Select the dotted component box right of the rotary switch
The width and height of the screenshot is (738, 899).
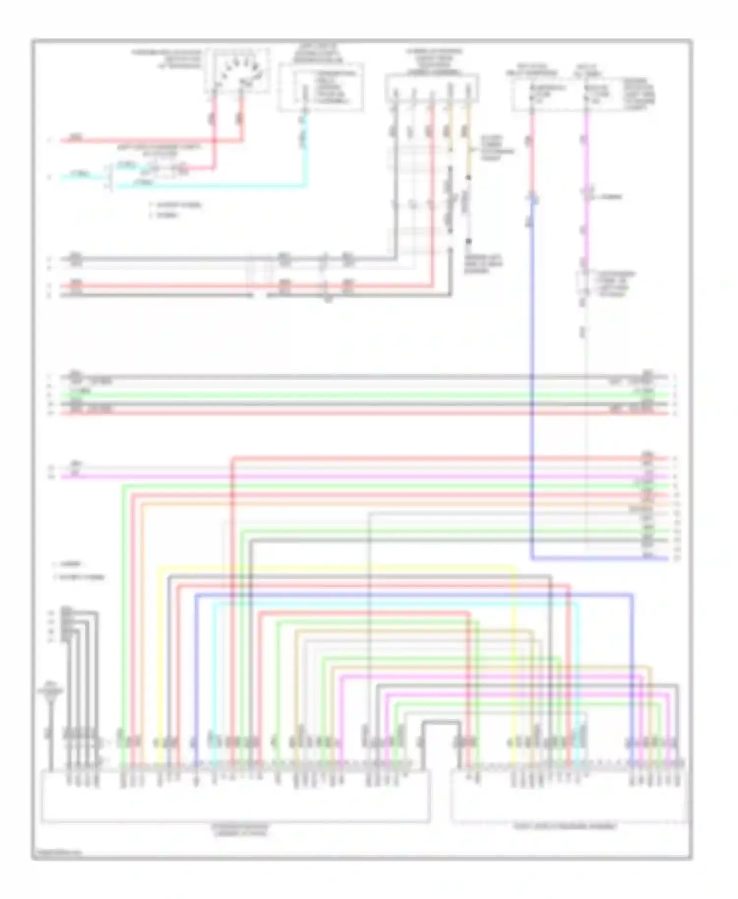[321, 87]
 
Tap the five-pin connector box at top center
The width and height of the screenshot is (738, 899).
[431, 88]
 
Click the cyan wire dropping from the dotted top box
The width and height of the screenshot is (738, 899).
[305, 148]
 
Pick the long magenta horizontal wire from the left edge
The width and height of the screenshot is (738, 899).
[344, 477]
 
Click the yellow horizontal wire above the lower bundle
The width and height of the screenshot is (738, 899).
[335, 568]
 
